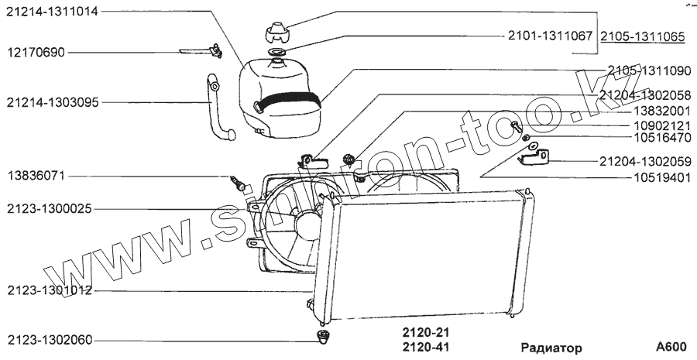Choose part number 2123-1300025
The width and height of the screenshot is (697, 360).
tap(49, 209)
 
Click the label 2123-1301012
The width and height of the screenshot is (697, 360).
tap(49, 291)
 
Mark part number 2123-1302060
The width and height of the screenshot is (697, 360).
tap(49, 340)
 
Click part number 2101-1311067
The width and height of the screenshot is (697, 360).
tap(549, 36)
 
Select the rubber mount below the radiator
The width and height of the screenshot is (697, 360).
tap(324, 337)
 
